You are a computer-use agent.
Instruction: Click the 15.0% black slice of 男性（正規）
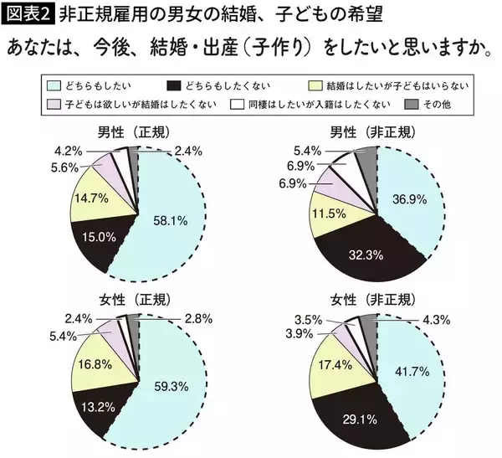[99, 237]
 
